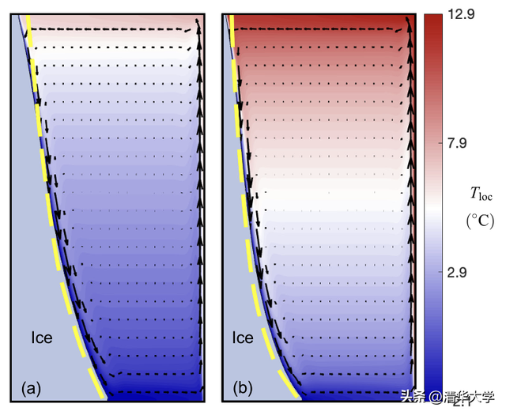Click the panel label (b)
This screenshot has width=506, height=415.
(x=242, y=388)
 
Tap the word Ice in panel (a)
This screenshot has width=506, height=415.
(x=41, y=338)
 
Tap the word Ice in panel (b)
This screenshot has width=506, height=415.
(x=243, y=338)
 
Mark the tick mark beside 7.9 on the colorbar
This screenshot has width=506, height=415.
(x=447, y=143)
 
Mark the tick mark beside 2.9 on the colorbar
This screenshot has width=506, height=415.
(x=447, y=273)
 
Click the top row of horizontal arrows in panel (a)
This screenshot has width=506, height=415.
(x=111, y=29)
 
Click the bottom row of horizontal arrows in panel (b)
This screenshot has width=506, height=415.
(x=356, y=391)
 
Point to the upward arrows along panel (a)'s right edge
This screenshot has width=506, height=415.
(x=199, y=198)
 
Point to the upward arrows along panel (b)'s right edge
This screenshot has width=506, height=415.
(x=411, y=198)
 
